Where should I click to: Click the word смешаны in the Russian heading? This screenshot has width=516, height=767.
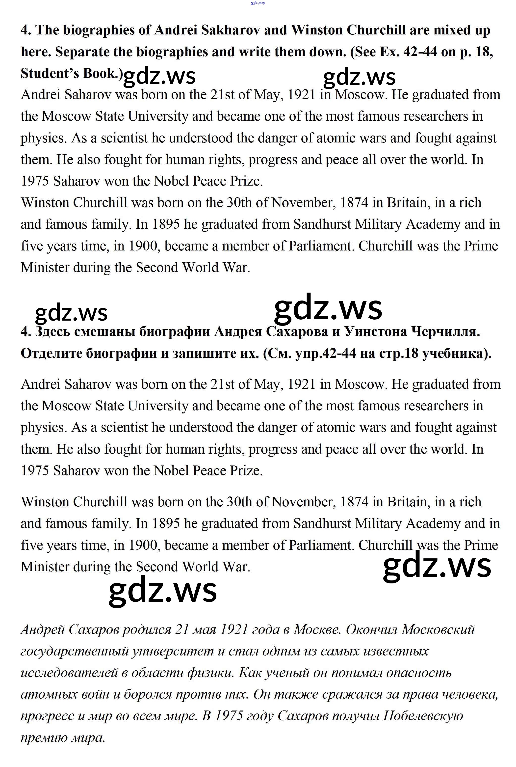click(x=104, y=331)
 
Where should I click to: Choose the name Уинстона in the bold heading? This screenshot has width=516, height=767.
click(x=375, y=331)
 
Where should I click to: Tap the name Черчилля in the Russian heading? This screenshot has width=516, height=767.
click(x=446, y=331)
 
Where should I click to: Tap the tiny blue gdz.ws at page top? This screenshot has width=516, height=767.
click(x=258, y=3)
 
